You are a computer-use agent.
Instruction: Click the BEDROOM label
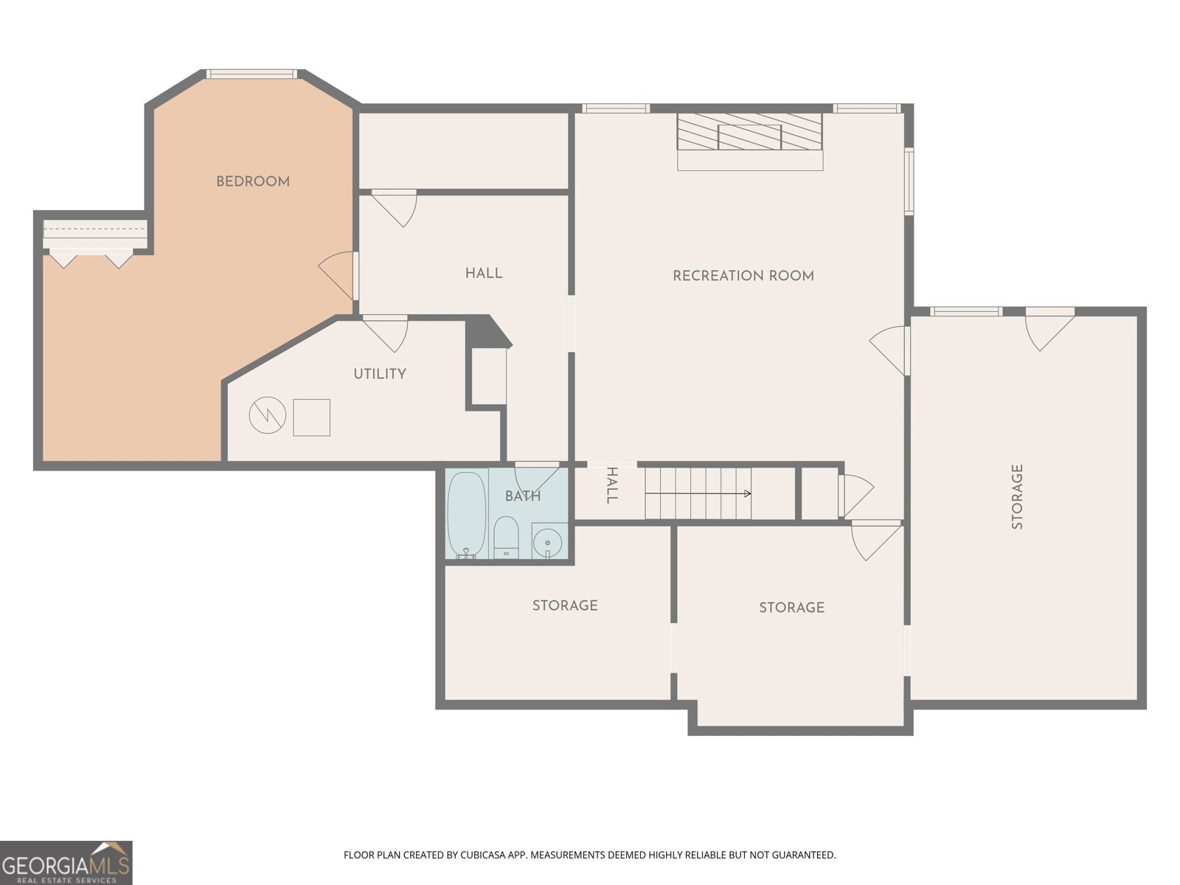[253, 181]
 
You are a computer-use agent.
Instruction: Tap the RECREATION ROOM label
[743, 276]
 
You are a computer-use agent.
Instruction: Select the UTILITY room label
[380, 374]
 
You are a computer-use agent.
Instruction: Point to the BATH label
[523, 496]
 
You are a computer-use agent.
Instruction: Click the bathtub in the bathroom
[467, 515]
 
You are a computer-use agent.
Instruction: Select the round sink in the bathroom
[548, 540]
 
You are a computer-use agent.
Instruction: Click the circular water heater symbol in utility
[267, 415]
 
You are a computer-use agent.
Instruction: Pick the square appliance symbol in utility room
[311, 417]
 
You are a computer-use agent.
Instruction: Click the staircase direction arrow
[698, 493]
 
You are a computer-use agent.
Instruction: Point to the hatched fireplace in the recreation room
[749, 132]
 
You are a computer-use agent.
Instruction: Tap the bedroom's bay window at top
[251, 74]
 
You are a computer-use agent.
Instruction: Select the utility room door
[385, 334]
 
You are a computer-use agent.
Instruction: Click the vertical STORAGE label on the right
[1017, 497]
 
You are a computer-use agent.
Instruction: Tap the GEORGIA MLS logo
[66, 862]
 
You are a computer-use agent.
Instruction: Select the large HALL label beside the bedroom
[484, 274]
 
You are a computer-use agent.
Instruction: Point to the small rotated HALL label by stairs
[611, 485]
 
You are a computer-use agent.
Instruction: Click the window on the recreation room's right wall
[909, 181]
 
